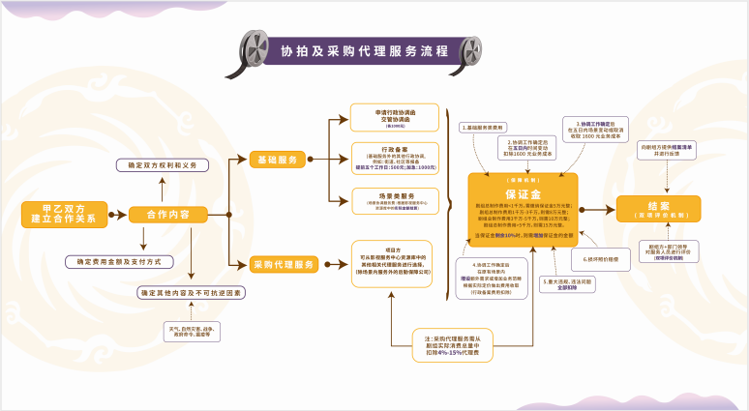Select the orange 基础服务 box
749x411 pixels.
(x=279, y=159)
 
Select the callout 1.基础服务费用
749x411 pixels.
(x=483, y=128)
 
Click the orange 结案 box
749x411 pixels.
(x=658, y=207)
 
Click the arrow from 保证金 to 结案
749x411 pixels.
(x=597, y=208)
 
